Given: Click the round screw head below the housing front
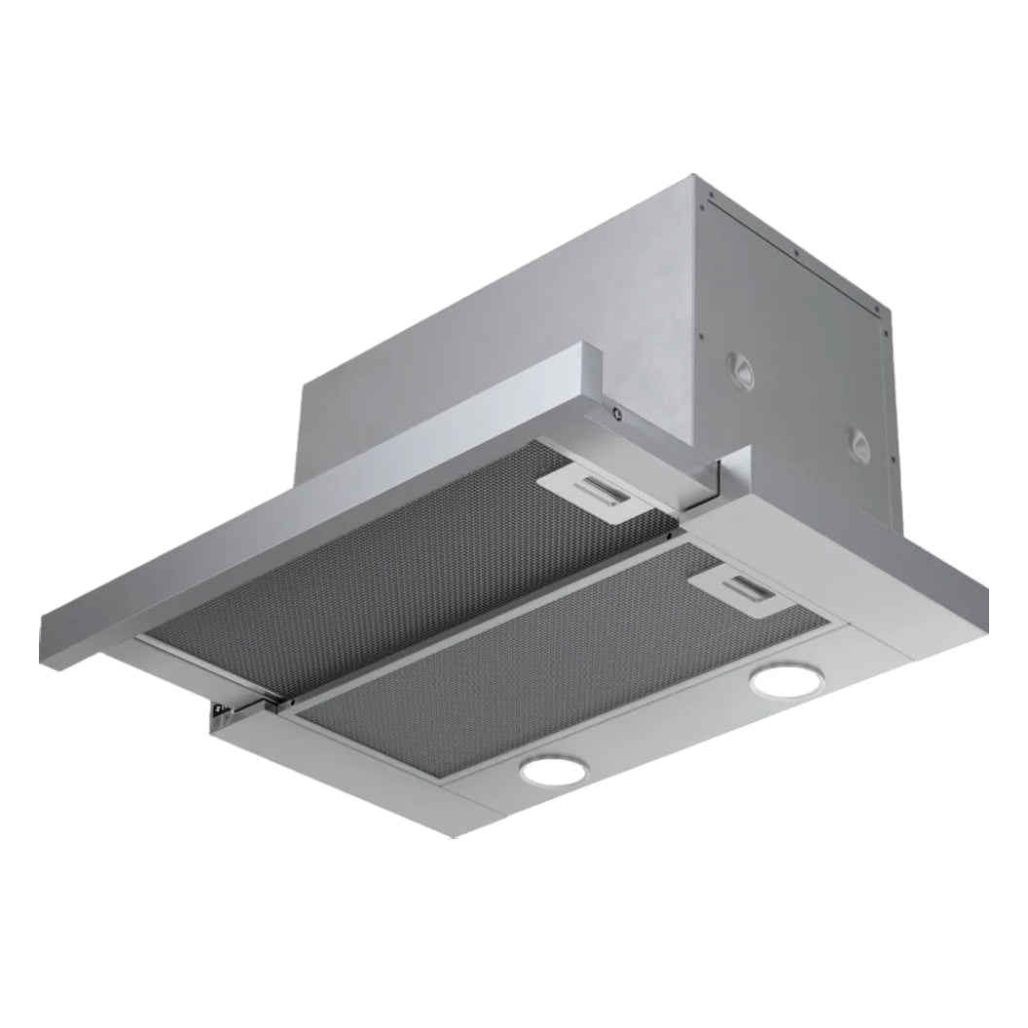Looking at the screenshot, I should [x=616, y=414].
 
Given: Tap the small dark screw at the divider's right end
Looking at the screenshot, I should [x=669, y=533].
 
